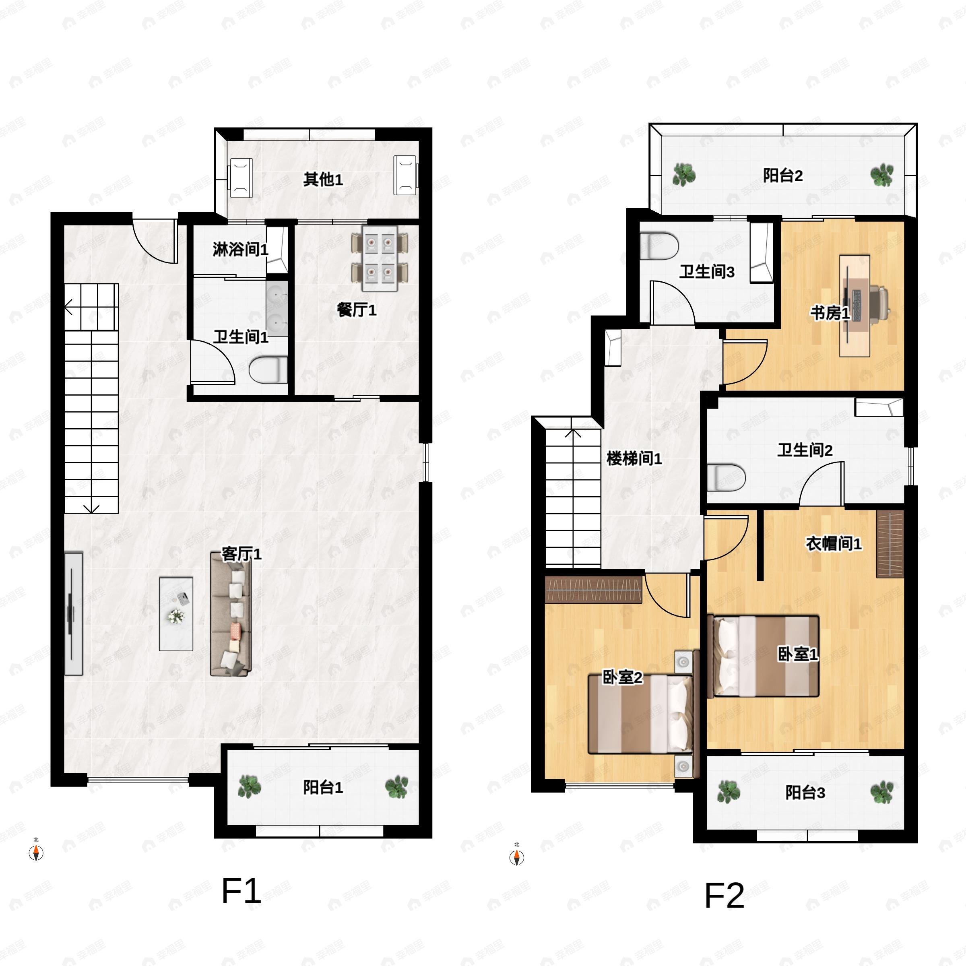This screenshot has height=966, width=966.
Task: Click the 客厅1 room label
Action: (242, 554)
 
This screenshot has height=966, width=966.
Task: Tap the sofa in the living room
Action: (231, 614)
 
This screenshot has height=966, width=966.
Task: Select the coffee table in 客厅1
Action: (176, 614)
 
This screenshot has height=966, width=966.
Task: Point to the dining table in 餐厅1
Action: (380, 258)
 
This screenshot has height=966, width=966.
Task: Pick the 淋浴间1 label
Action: (241, 249)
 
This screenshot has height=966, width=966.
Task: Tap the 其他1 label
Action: (323, 179)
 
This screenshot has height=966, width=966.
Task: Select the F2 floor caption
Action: (724, 896)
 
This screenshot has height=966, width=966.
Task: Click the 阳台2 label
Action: (782, 175)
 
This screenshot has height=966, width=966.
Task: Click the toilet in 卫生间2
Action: (726, 477)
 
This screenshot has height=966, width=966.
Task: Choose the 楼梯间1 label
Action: (634, 458)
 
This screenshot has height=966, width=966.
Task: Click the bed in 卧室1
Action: (764, 656)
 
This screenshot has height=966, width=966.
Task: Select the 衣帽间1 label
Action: (834, 543)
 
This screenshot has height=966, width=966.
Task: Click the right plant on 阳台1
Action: (396, 787)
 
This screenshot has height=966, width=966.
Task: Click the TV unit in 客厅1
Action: (74, 613)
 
